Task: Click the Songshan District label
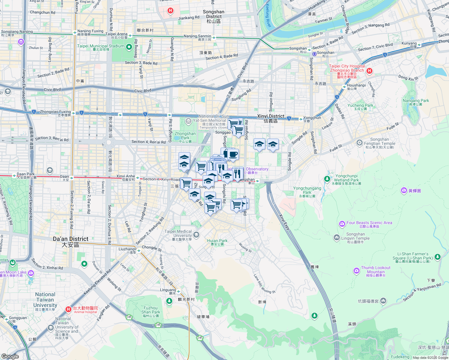(x=214, y=16)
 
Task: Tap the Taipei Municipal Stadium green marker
(x=129, y=47)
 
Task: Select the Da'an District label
(x=71, y=241)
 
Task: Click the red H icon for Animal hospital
(x=68, y=309)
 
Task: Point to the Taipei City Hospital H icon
(x=369, y=71)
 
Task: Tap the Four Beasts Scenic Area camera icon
(x=342, y=224)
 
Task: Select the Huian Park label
(x=217, y=242)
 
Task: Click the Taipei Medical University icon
(x=196, y=235)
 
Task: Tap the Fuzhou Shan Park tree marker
(x=169, y=301)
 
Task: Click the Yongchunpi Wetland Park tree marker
(x=327, y=179)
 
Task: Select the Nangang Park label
(x=416, y=102)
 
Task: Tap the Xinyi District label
(x=271, y=118)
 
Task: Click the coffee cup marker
(x=233, y=154)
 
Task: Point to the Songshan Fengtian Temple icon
(x=360, y=143)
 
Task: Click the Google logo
(x=10, y=356)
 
